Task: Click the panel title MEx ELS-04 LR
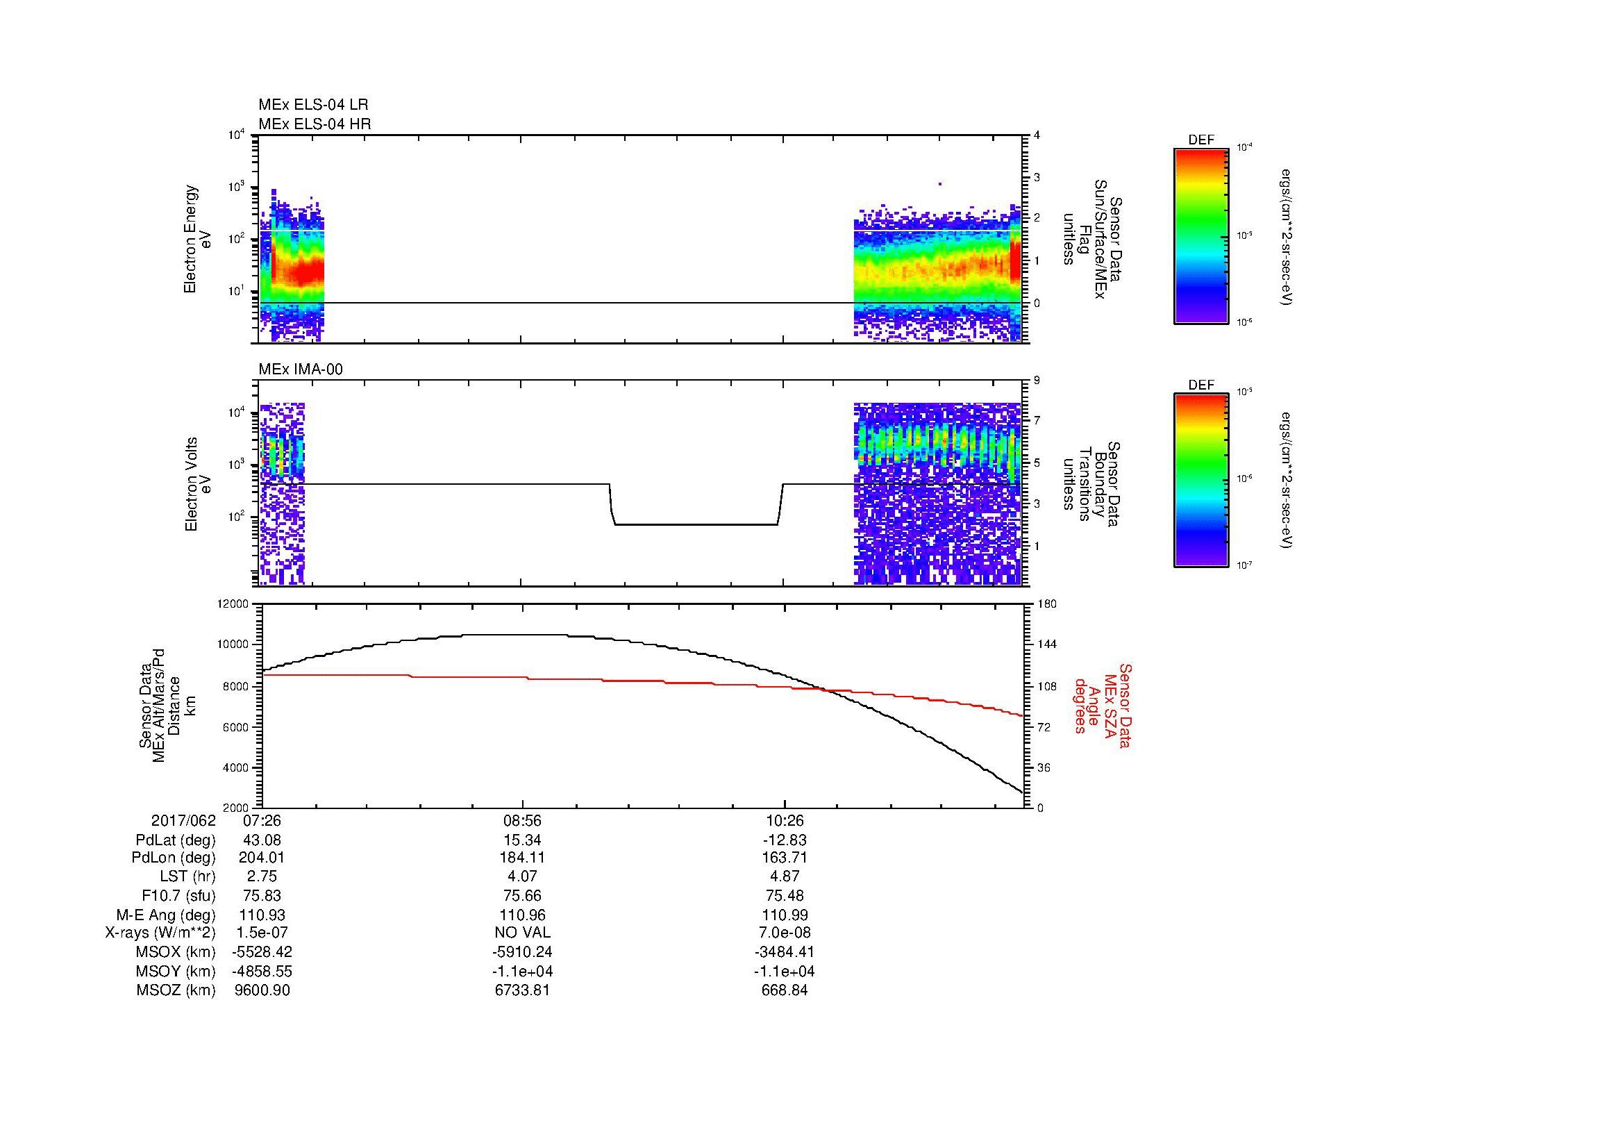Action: pyautogui.click(x=312, y=105)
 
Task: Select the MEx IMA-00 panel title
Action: pyautogui.click(x=300, y=369)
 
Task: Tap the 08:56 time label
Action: pyautogui.click(x=522, y=821)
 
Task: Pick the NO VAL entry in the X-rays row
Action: pyautogui.click(x=522, y=933)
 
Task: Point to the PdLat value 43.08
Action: pyautogui.click(x=262, y=840)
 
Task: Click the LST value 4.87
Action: pyautogui.click(x=785, y=877)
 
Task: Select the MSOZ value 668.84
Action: pyautogui.click(x=785, y=990)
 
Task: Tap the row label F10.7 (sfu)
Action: pyautogui.click(x=178, y=896)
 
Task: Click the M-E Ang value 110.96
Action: pyautogui.click(x=522, y=915)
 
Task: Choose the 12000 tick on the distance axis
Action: pyautogui.click(x=234, y=604)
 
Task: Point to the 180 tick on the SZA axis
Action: pyautogui.click(x=1046, y=604)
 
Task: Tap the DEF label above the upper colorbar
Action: pyautogui.click(x=1201, y=140)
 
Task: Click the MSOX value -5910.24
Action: pyautogui.click(x=522, y=952)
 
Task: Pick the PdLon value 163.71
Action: pyautogui.click(x=785, y=858)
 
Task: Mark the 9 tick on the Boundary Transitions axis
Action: pyautogui.click(x=1037, y=381)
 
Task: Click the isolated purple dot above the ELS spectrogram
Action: pyautogui.click(x=940, y=184)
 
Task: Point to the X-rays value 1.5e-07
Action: pyautogui.click(x=262, y=933)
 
